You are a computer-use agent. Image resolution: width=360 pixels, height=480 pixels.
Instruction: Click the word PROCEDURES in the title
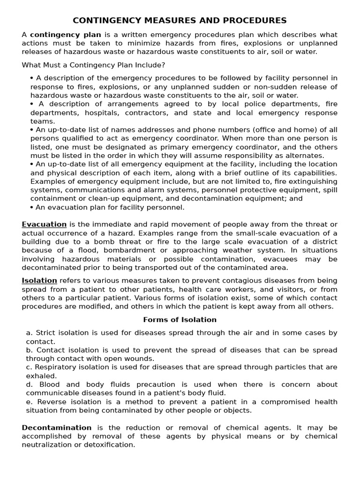point(257,21)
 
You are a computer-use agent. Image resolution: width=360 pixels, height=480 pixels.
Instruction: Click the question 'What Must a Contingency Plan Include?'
point(93,65)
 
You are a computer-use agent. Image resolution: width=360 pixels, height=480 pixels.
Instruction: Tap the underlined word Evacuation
point(44,225)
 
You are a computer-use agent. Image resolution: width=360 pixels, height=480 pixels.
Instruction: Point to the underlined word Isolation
point(39,281)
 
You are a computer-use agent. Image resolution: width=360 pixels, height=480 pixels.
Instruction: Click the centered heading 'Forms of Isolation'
point(180,320)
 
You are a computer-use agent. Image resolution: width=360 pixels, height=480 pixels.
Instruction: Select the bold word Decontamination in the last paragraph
point(57,427)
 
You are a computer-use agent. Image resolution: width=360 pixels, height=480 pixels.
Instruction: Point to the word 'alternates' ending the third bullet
point(304,156)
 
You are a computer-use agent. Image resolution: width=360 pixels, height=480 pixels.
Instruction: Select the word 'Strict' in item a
point(45,333)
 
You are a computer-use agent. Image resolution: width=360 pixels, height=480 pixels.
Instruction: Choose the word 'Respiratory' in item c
point(57,367)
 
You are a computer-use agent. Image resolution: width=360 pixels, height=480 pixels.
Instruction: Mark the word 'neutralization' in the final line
point(46,445)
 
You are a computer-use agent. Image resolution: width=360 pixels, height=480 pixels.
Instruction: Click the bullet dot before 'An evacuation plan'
point(31,207)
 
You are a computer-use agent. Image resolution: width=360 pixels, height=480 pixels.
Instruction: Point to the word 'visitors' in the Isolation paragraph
point(296,289)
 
